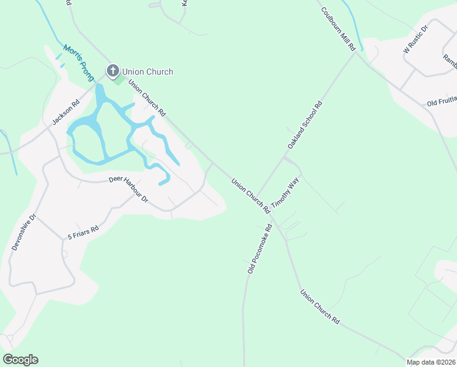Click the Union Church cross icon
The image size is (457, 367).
[x=112, y=71]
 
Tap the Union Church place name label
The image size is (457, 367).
[x=147, y=72]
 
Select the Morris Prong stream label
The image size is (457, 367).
[x=79, y=62]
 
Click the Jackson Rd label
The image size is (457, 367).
[x=66, y=112]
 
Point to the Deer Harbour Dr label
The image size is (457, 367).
[x=129, y=189]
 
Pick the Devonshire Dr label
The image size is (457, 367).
[x=24, y=232]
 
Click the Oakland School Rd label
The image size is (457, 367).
[x=305, y=126]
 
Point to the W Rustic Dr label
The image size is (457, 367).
[x=417, y=40]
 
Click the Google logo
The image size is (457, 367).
[x=20, y=360]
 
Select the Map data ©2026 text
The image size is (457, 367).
[x=431, y=362]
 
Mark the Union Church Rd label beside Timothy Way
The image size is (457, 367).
[x=250, y=195]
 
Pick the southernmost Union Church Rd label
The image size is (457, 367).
[x=320, y=306]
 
